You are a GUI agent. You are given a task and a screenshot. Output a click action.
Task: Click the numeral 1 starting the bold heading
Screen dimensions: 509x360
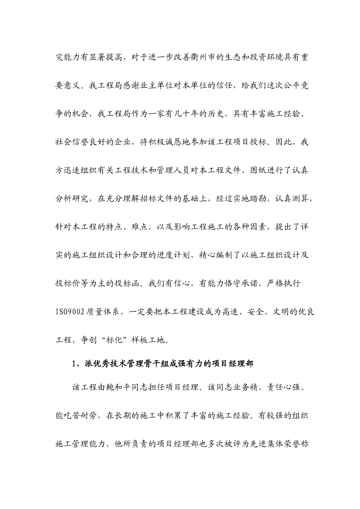click(74, 364)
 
